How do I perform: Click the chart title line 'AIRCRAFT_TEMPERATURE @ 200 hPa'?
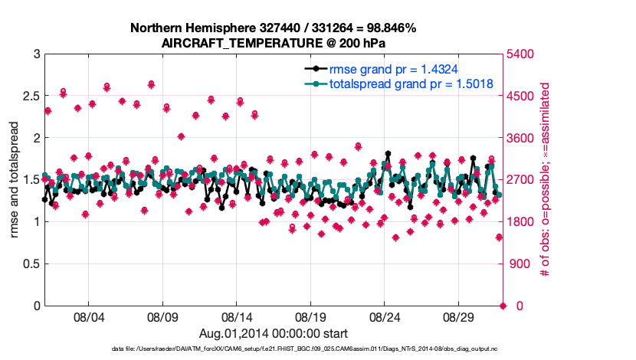coord(274,43)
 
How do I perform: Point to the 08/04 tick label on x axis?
coord(88,316)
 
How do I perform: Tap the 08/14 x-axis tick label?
coord(237,316)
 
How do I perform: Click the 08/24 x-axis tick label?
coord(385,316)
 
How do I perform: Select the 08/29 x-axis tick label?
coord(460,316)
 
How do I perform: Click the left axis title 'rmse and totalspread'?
coord(15,180)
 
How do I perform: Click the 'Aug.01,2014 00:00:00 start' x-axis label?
coord(274,333)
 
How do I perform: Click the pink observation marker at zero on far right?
coord(503,306)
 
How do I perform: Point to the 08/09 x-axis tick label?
coord(162,316)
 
